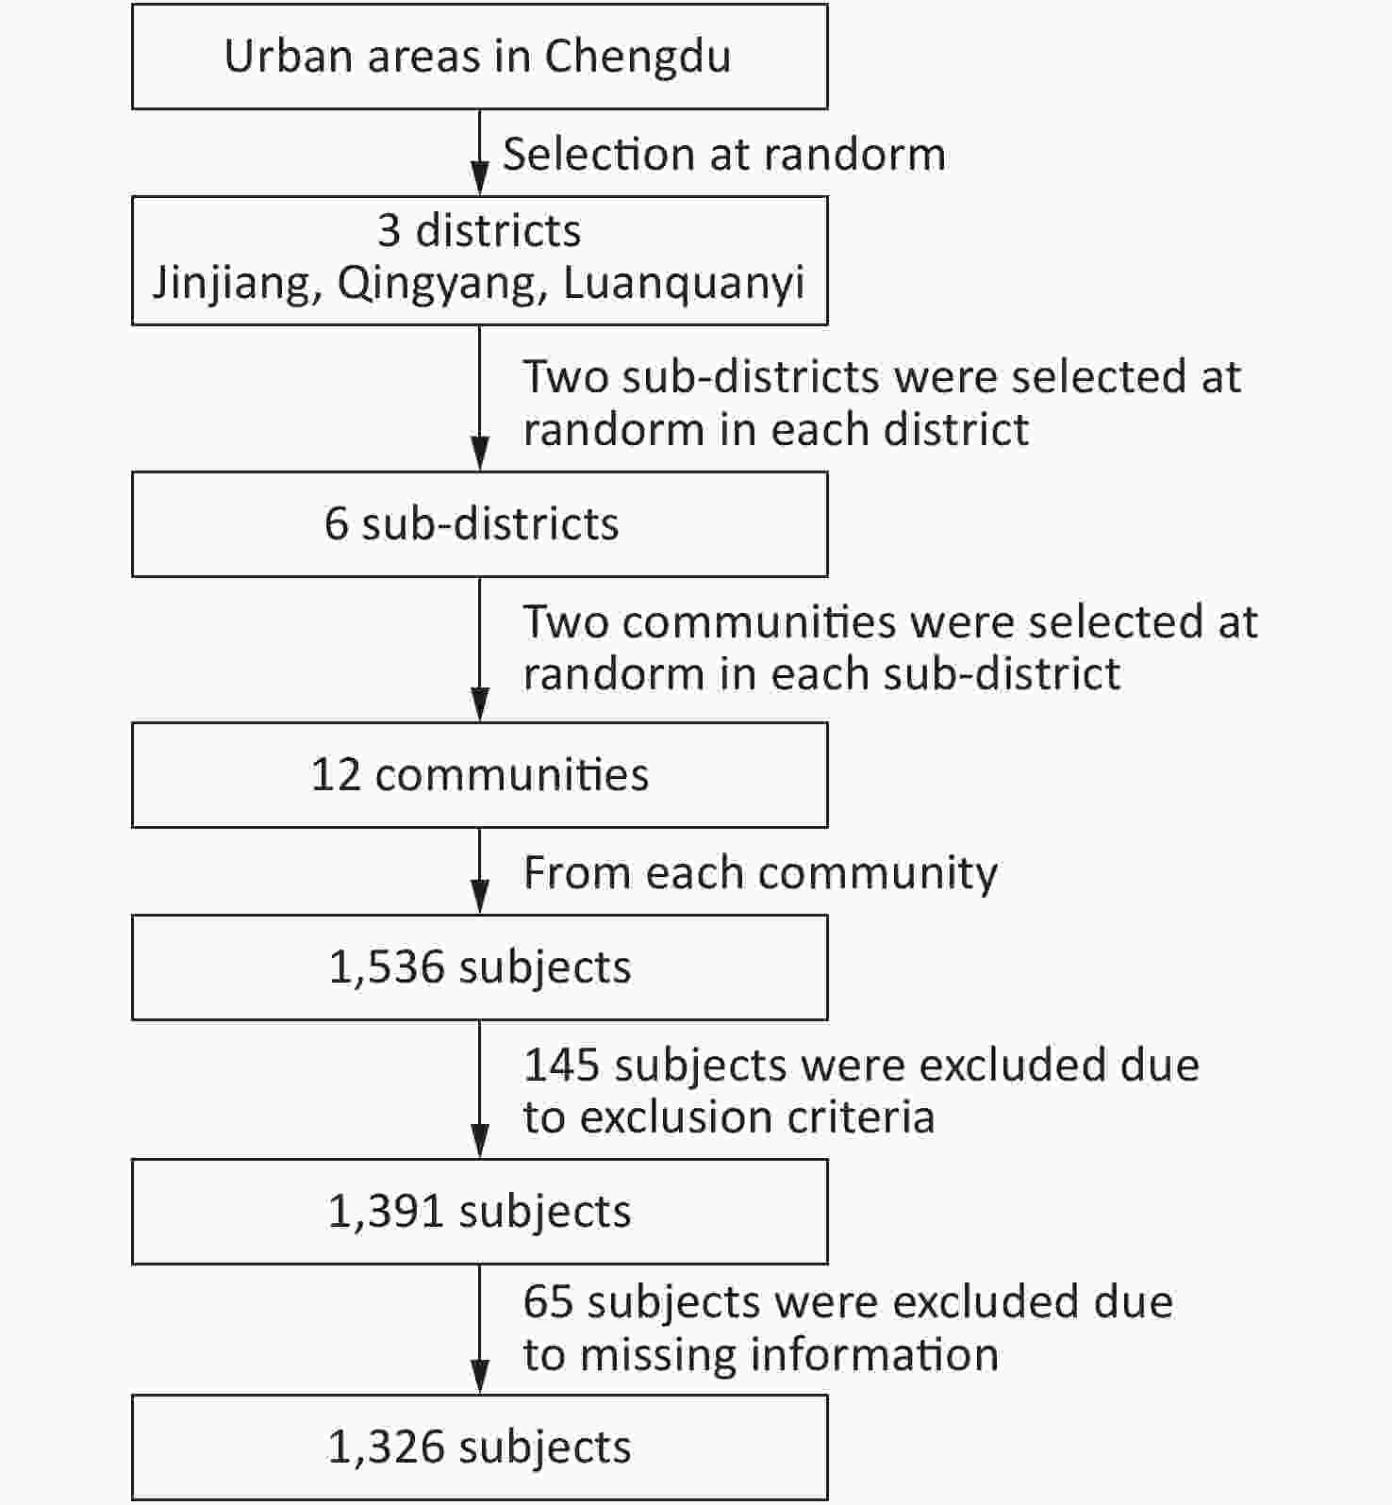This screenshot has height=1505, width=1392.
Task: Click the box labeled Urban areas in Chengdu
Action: [479, 57]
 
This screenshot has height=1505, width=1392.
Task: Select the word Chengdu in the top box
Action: [638, 58]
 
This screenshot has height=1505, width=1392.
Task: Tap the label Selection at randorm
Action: [723, 155]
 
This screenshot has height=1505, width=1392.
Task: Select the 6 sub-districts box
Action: [479, 524]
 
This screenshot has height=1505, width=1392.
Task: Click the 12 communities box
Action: [479, 775]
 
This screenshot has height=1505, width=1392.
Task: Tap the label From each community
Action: [760, 873]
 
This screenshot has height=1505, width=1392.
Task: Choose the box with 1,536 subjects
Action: [479, 967]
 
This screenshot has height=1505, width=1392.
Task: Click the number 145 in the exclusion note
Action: [562, 1066]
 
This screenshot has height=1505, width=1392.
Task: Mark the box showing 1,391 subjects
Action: [479, 1212]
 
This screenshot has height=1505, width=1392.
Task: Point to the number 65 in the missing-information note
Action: [549, 1302]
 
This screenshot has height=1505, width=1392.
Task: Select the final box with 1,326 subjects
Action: [479, 1447]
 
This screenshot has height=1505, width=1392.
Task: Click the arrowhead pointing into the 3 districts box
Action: [480, 179]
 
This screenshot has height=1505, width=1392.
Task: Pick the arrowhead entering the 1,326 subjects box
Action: [480, 1378]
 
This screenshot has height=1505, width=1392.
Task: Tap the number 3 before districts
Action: [389, 231]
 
